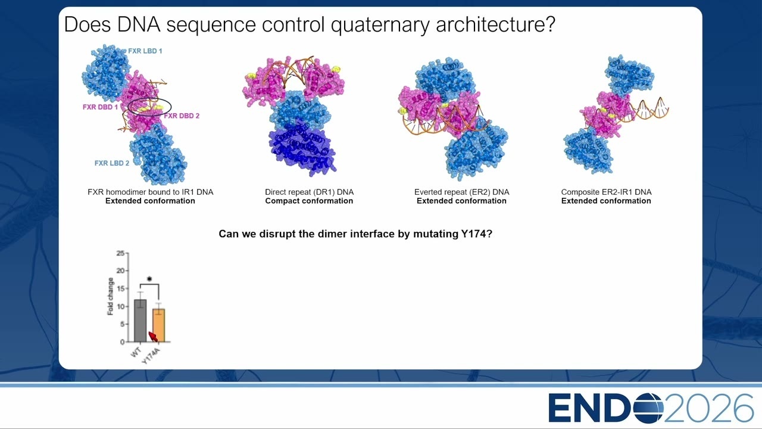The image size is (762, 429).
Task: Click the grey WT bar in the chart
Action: click(140, 321)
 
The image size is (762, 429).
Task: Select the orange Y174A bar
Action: click(158, 325)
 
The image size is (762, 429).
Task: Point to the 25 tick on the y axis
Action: click(120, 253)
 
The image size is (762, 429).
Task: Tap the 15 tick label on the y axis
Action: click(120, 288)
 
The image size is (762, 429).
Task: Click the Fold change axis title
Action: click(110, 296)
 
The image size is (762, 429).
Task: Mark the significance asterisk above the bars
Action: click(149, 279)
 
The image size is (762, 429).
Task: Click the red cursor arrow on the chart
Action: click(153, 337)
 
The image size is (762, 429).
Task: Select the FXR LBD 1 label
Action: click(145, 51)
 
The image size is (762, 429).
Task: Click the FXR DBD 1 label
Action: click(100, 107)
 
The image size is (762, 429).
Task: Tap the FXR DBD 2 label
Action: click(182, 116)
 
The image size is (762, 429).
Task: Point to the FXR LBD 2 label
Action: click(112, 163)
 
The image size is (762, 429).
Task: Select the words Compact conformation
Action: click(309, 201)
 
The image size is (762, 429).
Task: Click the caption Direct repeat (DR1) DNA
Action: click(309, 192)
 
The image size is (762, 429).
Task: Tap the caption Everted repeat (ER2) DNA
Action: click(461, 192)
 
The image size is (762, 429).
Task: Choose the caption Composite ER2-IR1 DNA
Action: click(606, 192)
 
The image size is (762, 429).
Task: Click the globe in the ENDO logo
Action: click(648, 408)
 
